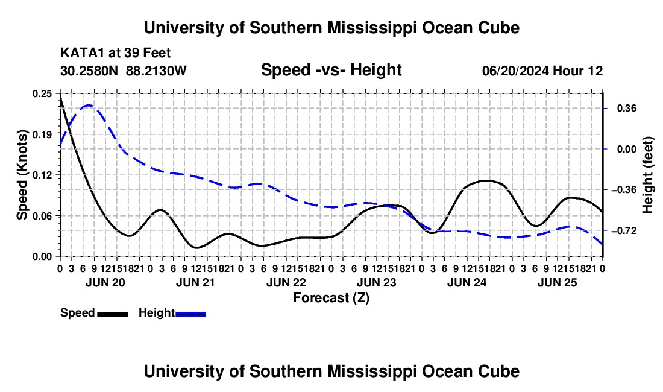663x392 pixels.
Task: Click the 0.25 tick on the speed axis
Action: coord(42,94)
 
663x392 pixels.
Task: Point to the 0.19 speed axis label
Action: coord(42,134)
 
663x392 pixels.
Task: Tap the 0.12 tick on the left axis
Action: coord(42,175)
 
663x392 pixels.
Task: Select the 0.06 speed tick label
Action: coord(42,216)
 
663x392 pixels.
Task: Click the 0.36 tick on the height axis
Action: coord(627,109)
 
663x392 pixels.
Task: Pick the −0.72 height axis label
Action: coord(624,231)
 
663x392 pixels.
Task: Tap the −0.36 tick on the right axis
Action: coord(624,190)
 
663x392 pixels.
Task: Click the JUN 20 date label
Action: coord(105,282)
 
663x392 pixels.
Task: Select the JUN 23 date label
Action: coord(376,282)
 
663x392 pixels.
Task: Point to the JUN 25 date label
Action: coord(558,282)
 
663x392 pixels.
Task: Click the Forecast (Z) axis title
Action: coord(331,298)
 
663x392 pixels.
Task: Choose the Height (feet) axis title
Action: coord(648,175)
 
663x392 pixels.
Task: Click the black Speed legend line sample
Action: coord(113,314)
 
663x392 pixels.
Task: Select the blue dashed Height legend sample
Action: coord(190,314)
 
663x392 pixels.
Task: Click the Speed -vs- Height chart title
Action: coord(331,70)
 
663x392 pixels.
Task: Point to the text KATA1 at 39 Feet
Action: coord(116,53)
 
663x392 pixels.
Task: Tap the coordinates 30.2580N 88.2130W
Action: coord(123,71)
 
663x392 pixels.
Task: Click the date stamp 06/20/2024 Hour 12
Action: coord(542,71)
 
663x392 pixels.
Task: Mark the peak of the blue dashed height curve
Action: coord(89,106)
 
